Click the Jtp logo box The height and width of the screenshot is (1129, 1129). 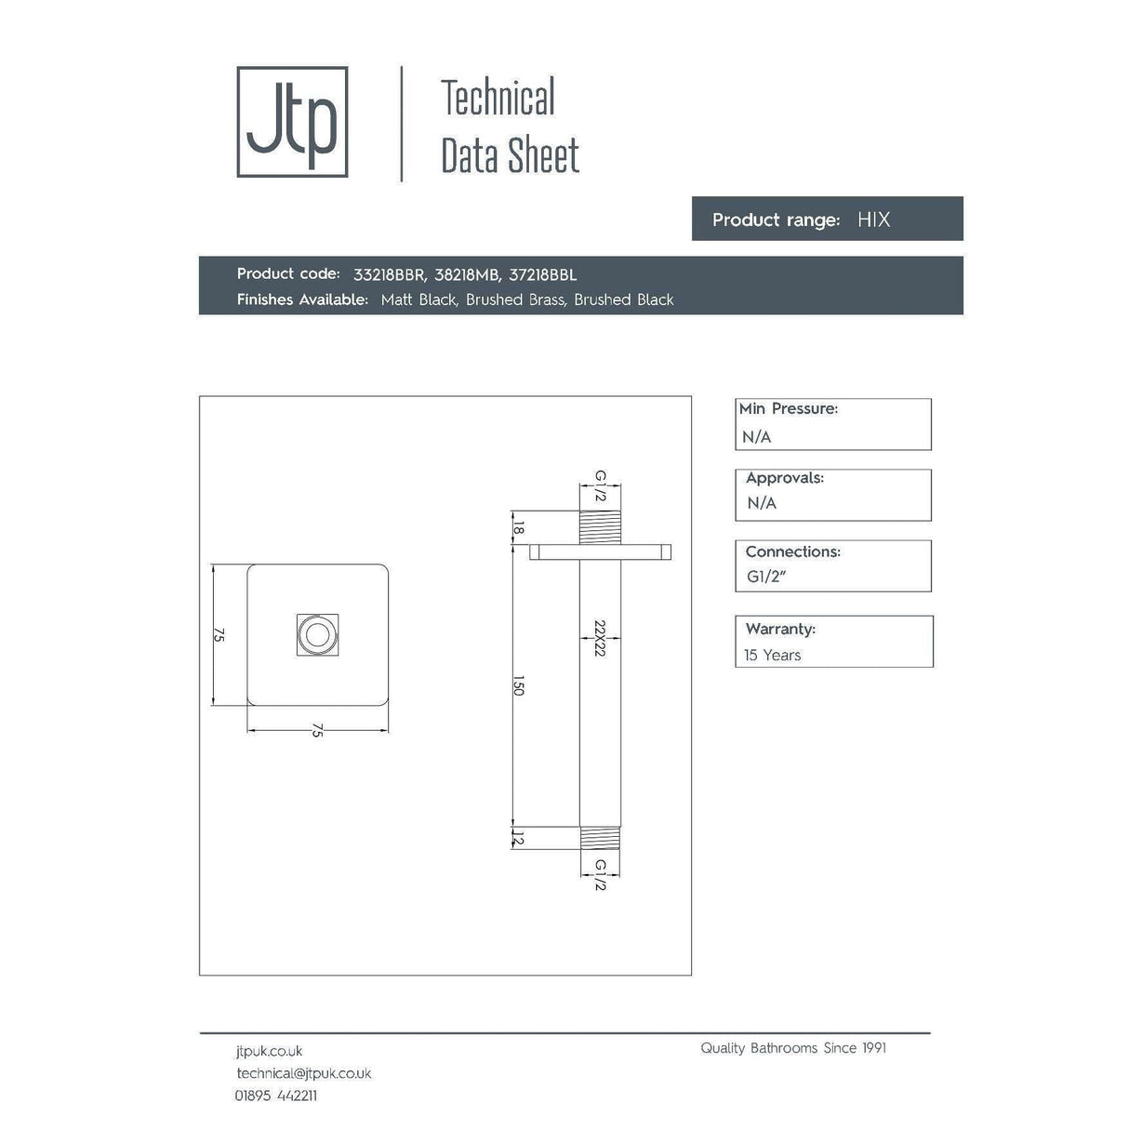click(x=292, y=122)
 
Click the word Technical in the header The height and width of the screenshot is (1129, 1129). click(x=498, y=99)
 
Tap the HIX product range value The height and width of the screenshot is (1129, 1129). click(x=873, y=219)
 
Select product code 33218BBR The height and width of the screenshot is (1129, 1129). click(x=389, y=274)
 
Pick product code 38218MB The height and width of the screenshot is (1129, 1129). click(x=467, y=274)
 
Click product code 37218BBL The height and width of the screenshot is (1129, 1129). click(x=543, y=274)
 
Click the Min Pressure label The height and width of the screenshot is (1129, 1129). click(x=788, y=409)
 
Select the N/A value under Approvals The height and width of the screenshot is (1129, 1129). click(x=762, y=503)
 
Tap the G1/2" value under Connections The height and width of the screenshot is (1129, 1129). click(x=766, y=577)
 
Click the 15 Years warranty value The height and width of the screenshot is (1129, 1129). click(x=772, y=655)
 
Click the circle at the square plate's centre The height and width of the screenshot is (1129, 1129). click(x=317, y=635)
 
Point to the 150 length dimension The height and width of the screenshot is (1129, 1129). click(x=519, y=686)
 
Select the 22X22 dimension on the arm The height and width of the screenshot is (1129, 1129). click(x=600, y=638)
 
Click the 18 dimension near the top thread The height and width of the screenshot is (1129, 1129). click(x=519, y=527)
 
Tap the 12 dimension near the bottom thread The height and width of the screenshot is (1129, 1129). click(x=519, y=840)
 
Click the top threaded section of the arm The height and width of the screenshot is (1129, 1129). click(x=600, y=527)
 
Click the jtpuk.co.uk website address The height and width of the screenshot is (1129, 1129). click(x=269, y=1051)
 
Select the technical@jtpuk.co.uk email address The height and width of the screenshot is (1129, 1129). click(x=303, y=1073)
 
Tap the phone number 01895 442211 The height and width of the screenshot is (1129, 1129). click(x=275, y=1096)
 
